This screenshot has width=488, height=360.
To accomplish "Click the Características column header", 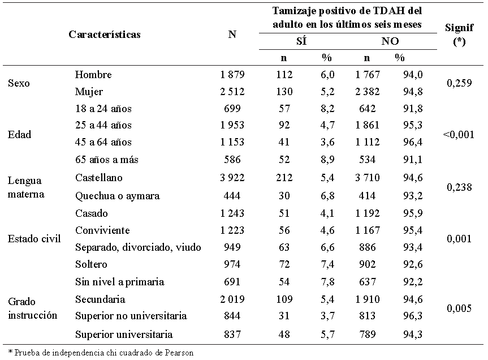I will tap(105, 35).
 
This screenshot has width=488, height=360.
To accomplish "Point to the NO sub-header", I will tap(390, 42).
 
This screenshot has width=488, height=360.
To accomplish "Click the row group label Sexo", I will tap(19, 83).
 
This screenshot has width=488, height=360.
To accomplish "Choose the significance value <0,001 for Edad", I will tap(459, 135).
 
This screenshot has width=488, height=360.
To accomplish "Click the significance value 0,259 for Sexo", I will tap(459, 83).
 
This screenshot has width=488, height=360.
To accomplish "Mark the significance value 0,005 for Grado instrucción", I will tap(459, 308).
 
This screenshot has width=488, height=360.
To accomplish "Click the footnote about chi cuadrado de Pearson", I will tap(101, 353).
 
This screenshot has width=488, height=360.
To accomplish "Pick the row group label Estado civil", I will tap(34, 238).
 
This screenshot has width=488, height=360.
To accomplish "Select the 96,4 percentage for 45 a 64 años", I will tap(400, 142).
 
